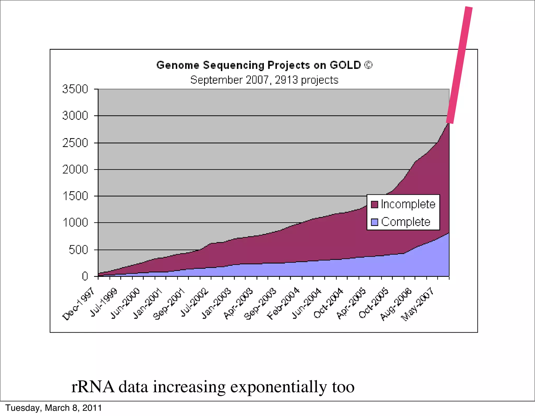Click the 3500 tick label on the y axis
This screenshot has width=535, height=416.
tap(75, 89)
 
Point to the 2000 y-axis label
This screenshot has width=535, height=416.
tap(75, 170)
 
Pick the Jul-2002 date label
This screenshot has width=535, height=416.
tap(195, 303)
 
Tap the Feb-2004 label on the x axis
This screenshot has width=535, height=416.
tap(283, 304)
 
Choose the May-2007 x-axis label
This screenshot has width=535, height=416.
tap(417, 304)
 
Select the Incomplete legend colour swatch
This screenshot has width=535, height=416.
tap(374, 204)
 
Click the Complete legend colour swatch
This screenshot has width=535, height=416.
tap(374, 222)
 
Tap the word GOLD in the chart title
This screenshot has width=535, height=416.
tap(345, 65)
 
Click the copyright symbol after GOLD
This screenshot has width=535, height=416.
tap(368, 65)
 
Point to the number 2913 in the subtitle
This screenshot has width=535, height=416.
tap(286, 80)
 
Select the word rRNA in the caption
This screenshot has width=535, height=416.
tap(93, 387)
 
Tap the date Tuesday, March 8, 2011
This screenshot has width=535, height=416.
tap(54, 408)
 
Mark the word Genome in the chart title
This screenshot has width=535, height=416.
tap(178, 65)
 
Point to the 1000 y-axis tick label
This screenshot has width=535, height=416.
tap(75, 223)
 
